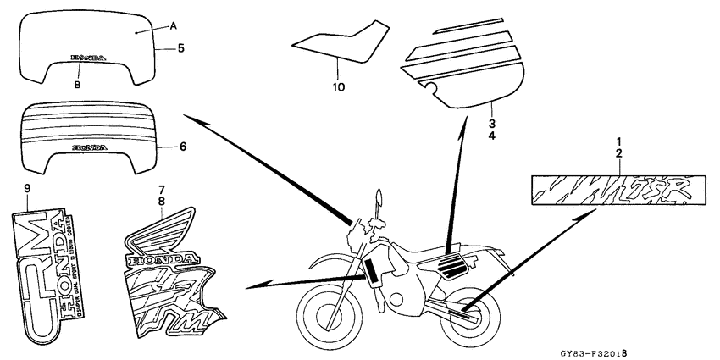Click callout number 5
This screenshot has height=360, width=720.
180,48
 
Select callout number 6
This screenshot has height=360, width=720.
180,146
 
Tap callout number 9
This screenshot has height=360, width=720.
26,187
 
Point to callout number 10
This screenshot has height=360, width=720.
338,86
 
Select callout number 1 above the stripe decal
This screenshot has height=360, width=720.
618,140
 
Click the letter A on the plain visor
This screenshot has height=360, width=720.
172,26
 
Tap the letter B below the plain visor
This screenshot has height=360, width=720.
76,85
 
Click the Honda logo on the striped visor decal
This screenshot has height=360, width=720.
90,147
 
